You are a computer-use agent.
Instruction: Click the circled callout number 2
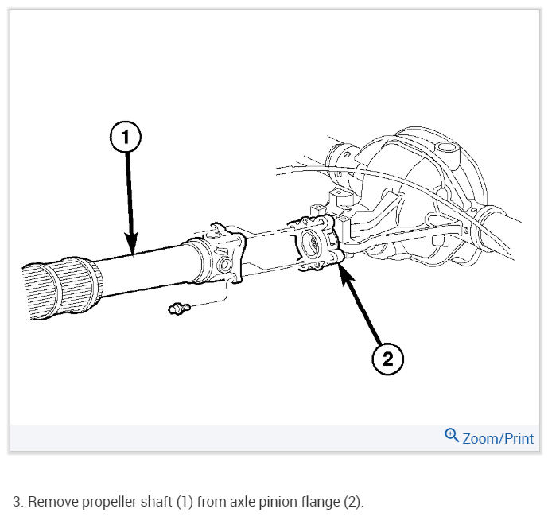click(x=387, y=359)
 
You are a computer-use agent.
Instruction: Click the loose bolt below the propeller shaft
click(x=176, y=308)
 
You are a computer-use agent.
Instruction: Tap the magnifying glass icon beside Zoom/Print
click(x=452, y=435)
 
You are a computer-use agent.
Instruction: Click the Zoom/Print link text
click(x=498, y=438)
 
